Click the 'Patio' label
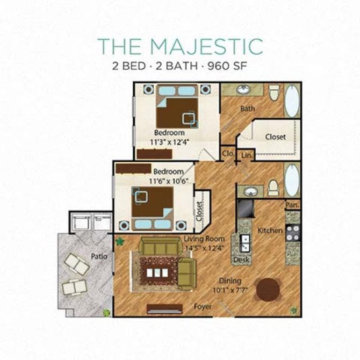click(99, 256)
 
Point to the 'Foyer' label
click(203, 307)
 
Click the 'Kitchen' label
click(270, 230)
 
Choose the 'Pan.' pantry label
click(292, 205)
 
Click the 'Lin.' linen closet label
click(247, 155)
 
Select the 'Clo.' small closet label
click(228, 154)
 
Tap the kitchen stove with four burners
click(293, 233)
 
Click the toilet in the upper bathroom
click(274, 93)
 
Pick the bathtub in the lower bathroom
click(292, 180)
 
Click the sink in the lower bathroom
click(250, 191)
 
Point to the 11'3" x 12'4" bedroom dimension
click(169, 142)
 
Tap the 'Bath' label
click(248, 109)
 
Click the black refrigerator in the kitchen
click(244, 207)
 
